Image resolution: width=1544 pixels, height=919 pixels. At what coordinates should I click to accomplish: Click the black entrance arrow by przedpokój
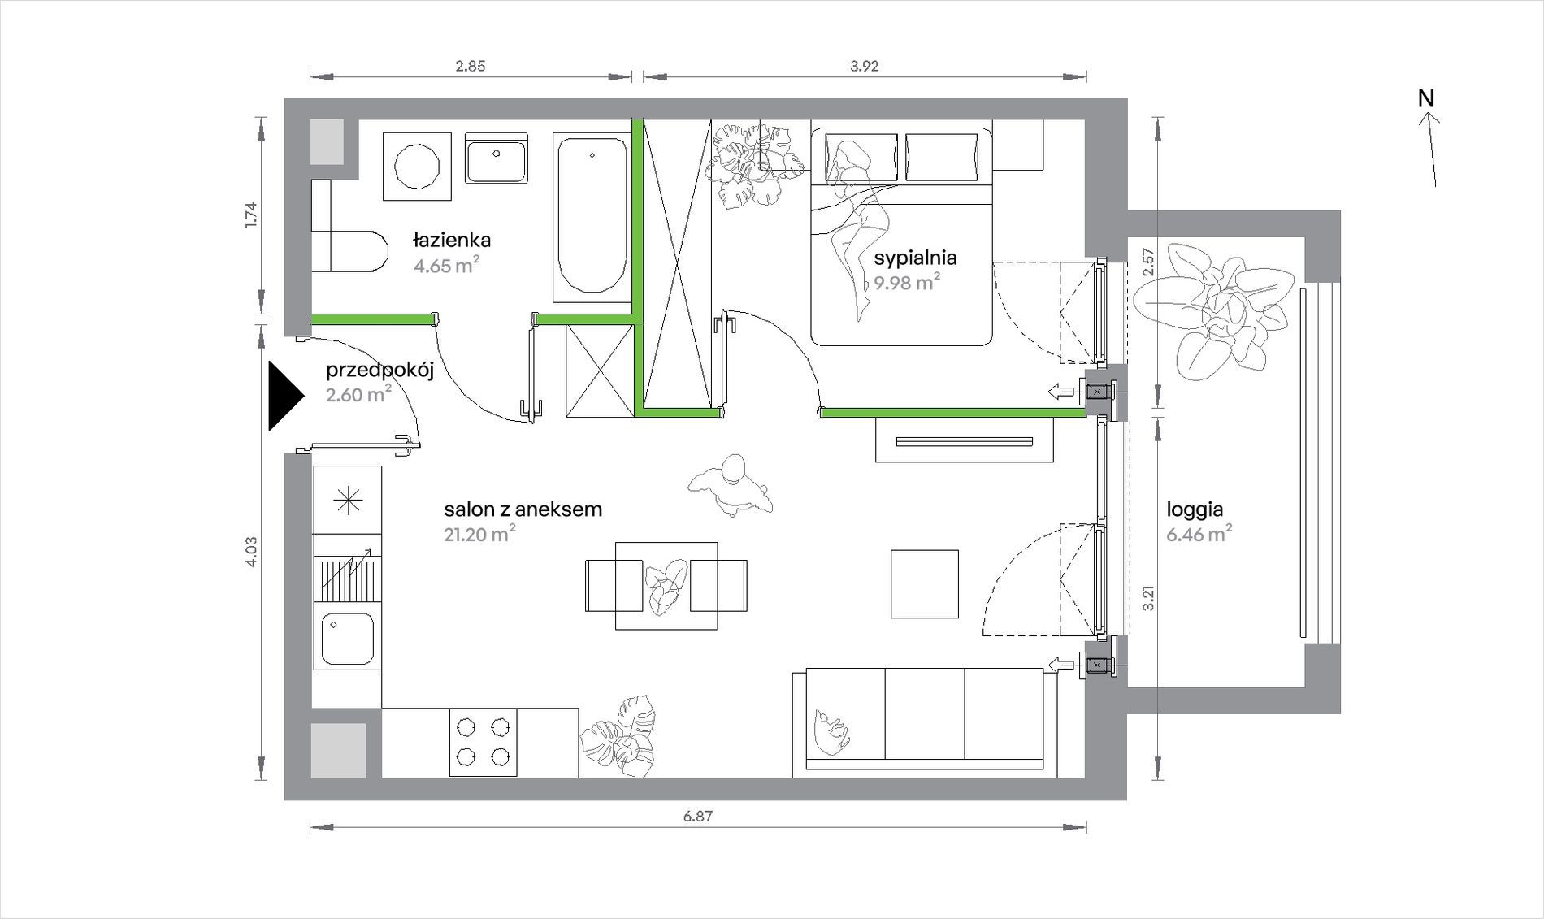(x=284, y=395)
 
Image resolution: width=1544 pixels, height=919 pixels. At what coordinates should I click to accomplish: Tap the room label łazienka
(x=452, y=241)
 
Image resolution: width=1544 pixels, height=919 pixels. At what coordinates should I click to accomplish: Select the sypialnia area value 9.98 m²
(x=907, y=282)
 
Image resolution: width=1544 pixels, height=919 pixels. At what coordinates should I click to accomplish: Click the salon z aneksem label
(x=523, y=509)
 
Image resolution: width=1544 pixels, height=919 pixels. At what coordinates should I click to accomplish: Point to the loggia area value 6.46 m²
(x=1199, y=534)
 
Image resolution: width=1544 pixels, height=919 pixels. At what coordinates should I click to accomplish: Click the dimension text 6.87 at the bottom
(x=698, y=816)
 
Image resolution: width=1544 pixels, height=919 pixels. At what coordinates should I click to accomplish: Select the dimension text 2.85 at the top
(x=471, y=66)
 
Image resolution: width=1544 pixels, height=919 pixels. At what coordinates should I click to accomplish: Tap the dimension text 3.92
(x=865, y=66)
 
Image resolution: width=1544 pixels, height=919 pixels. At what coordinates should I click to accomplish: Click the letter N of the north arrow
(x=1426, y=98)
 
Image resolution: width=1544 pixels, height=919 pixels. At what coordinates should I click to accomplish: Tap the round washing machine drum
(x=417, y=167)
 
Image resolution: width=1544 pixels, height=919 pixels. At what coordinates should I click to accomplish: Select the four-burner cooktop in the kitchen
(x=484, y=743)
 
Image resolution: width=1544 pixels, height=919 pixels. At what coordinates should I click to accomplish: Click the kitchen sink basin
(x=348, y=639)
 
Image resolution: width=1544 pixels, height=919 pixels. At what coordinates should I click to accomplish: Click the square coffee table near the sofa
(x=925, y=584)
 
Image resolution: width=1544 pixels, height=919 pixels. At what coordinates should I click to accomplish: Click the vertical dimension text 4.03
(x=251, y=551)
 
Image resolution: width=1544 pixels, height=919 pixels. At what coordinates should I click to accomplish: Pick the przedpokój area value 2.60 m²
(x=358, y=395)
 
